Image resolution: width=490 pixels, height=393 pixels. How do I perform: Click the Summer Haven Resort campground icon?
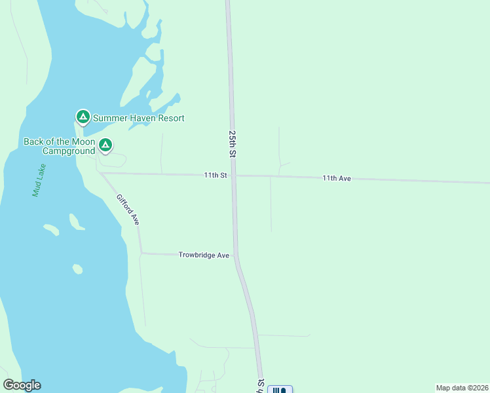pyautogui.click(x=83, y=117)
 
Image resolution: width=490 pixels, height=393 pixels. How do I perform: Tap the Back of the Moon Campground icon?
pyautogui.click(x=105, y=145)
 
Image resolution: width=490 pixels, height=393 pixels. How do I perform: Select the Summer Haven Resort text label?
pyautogui.click(x=138, y=118)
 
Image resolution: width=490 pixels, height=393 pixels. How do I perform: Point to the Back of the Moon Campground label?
pyautogui.click(x=60, y=146)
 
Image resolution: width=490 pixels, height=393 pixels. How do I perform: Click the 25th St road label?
pyautogui.click(x=233, y=143)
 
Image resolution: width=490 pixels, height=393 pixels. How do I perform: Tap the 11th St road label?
pyautogui.click(x=215, y=175)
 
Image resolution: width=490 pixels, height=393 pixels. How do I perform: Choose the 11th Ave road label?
pyautogui.click(x=337, y=178)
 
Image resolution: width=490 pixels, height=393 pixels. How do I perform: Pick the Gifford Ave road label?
pyautogui.click(x=128, y=210)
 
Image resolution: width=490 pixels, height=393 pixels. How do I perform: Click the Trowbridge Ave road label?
pyautogui.click(x=204, y=255)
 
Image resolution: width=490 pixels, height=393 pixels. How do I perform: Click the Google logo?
pyautogui.click(x=22, y=385)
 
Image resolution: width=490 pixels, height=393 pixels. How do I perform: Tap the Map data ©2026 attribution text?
pyautogui.click(x=461, y=387)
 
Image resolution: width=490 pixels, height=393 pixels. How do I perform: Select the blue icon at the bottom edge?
pyautogui.click(x=280, y=390)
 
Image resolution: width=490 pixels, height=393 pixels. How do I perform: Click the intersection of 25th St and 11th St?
pyautogui.click(x=233, y=176)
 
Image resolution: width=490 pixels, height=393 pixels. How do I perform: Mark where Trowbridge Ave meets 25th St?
pyautogui.click(x=236, y=255)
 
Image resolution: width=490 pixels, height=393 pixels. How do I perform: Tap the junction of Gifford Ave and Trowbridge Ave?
pyautogui.click(x=141, y=253)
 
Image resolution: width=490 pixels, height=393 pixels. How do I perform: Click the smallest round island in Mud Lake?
pyautogui.click(x=77, y=269)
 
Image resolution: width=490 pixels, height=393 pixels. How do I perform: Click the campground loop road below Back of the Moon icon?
pyautogui.click(x=115, y=159)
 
